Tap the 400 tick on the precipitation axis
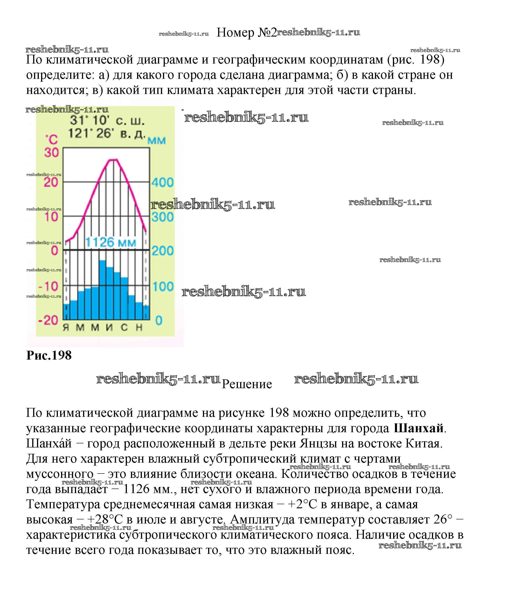[162, 182]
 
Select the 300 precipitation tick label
[162, 217]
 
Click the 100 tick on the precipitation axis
[163, 286]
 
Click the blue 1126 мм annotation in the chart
[111, 242]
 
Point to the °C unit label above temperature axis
[51, 140]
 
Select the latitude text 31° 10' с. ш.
[107, 121]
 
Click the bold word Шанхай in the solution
[419, 429]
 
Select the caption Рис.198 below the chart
[49, 356]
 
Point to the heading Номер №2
[246, 33]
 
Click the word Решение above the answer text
[247, 384]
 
